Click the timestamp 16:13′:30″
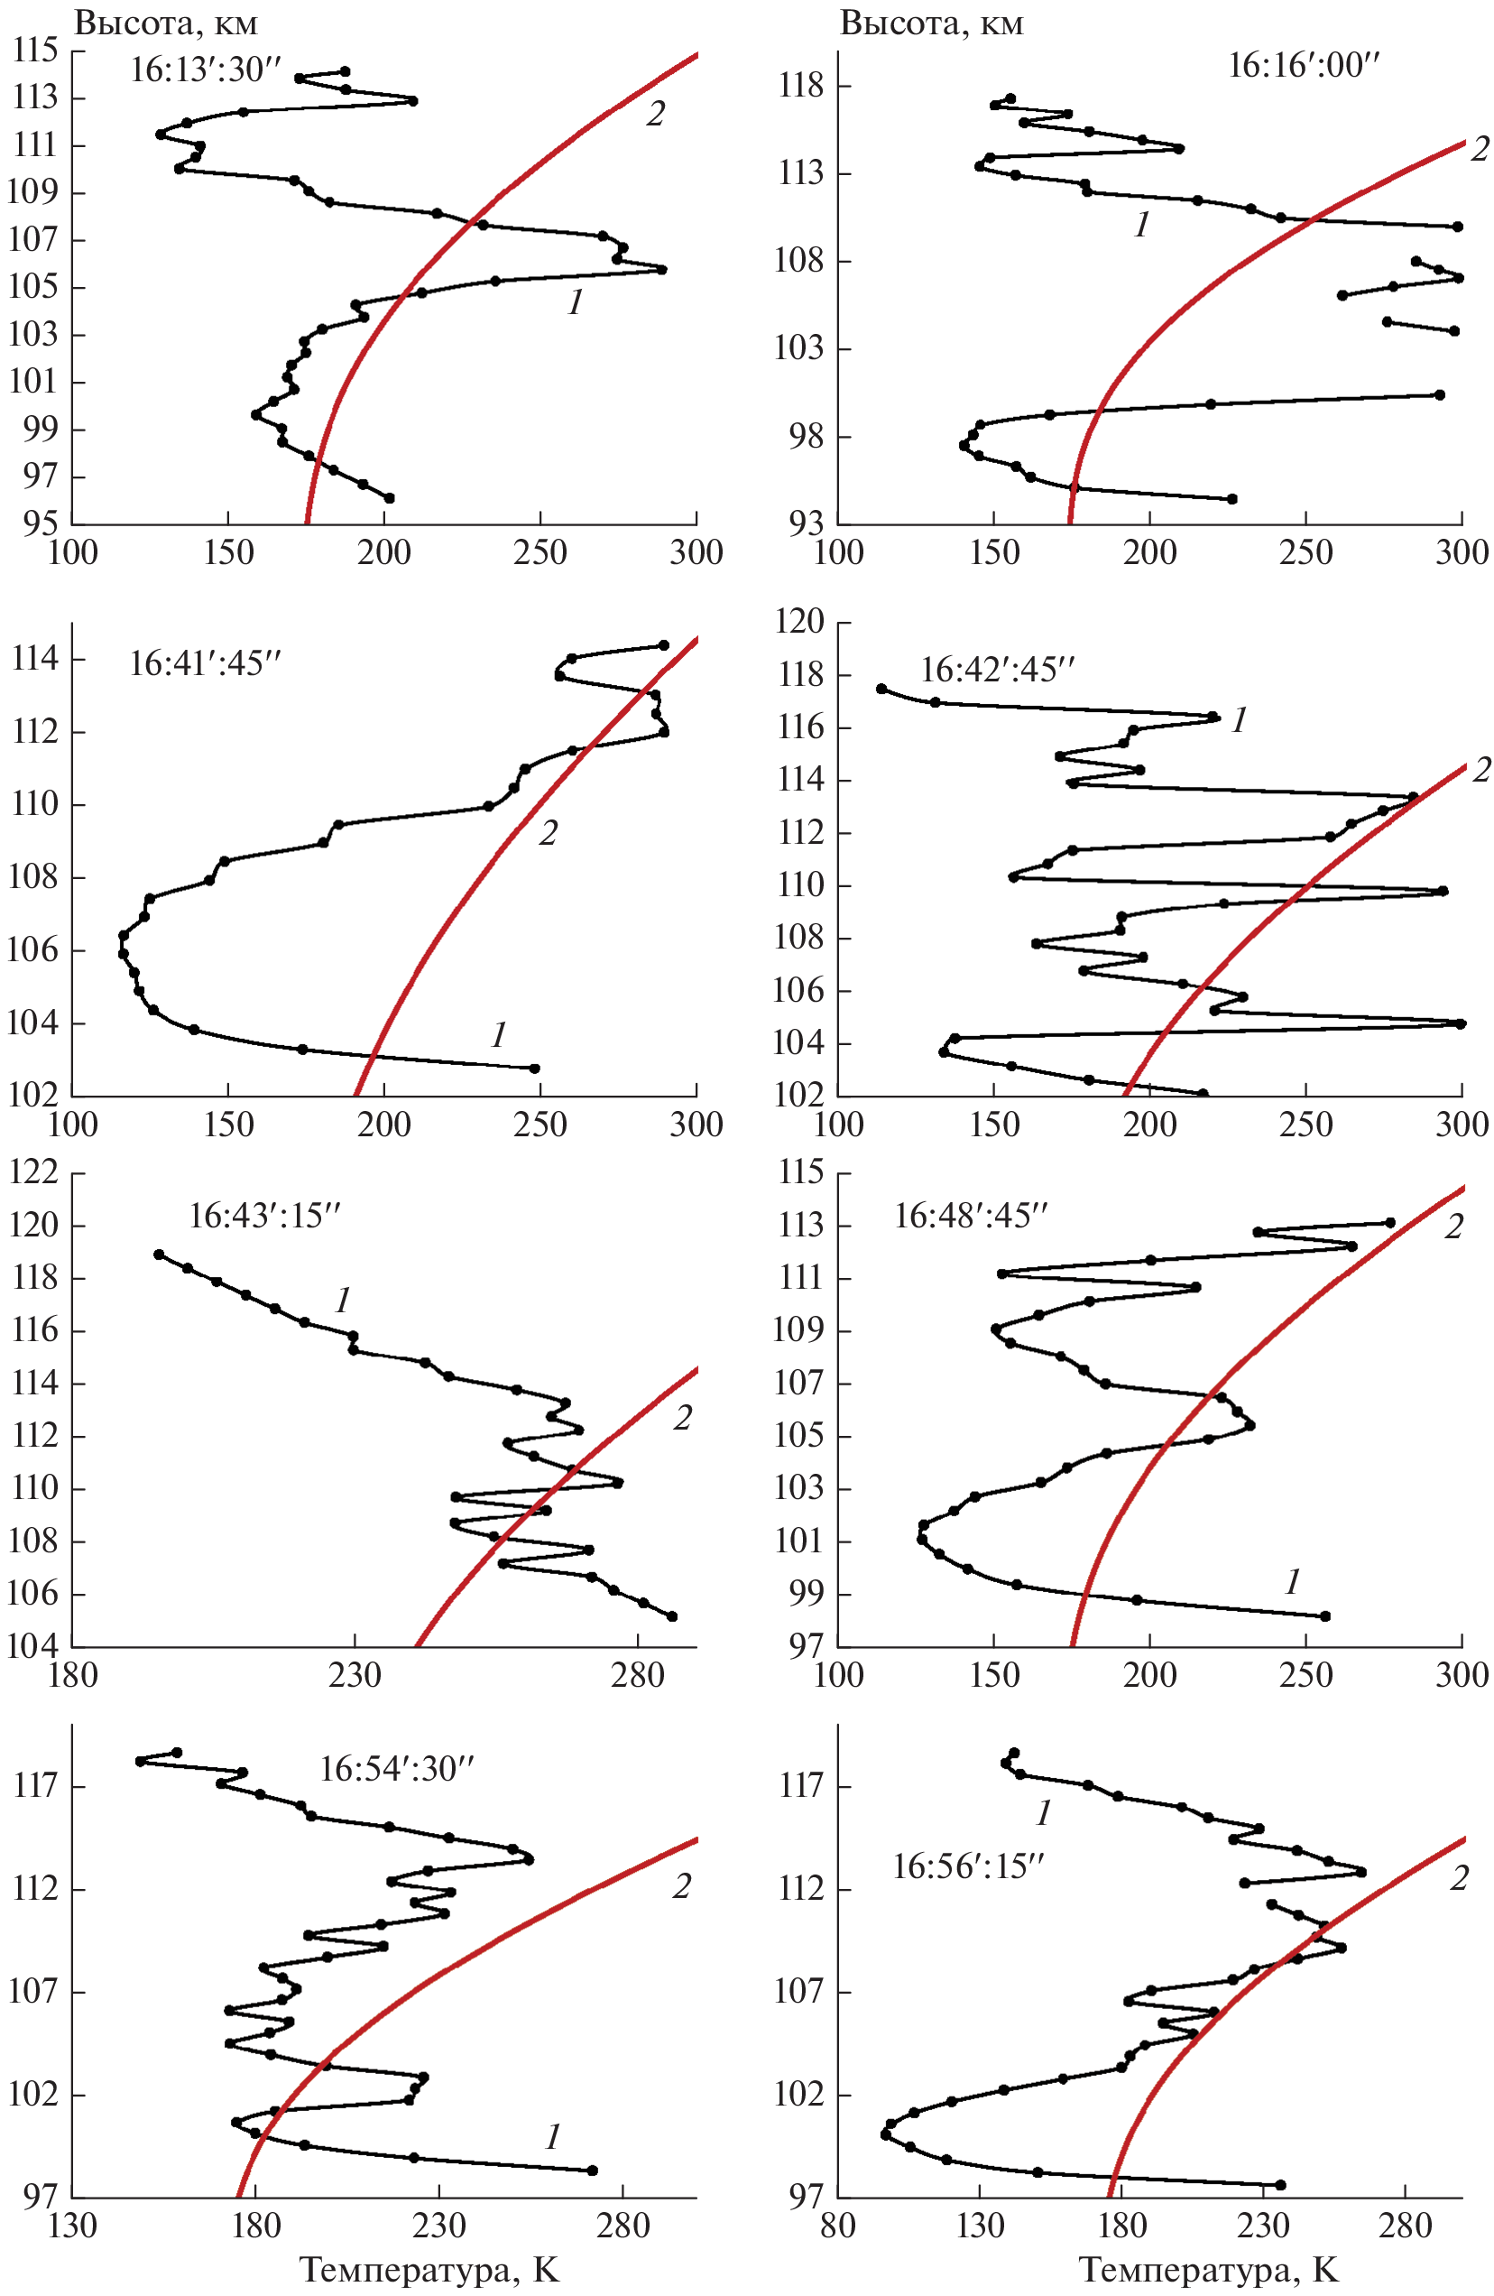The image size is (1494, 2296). (206, 70)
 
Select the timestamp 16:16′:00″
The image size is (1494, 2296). (1304, 66)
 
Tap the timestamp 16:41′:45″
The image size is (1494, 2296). (206, 663)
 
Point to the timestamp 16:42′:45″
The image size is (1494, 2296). (996, 669)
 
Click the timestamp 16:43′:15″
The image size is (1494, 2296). (265, 1216)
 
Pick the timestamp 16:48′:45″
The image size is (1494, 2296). (970, 1216)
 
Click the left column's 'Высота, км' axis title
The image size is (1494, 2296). (166, 23)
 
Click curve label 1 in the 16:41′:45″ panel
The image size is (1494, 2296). (498, 1035)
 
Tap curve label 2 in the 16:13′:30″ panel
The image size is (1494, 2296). (655, 114)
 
